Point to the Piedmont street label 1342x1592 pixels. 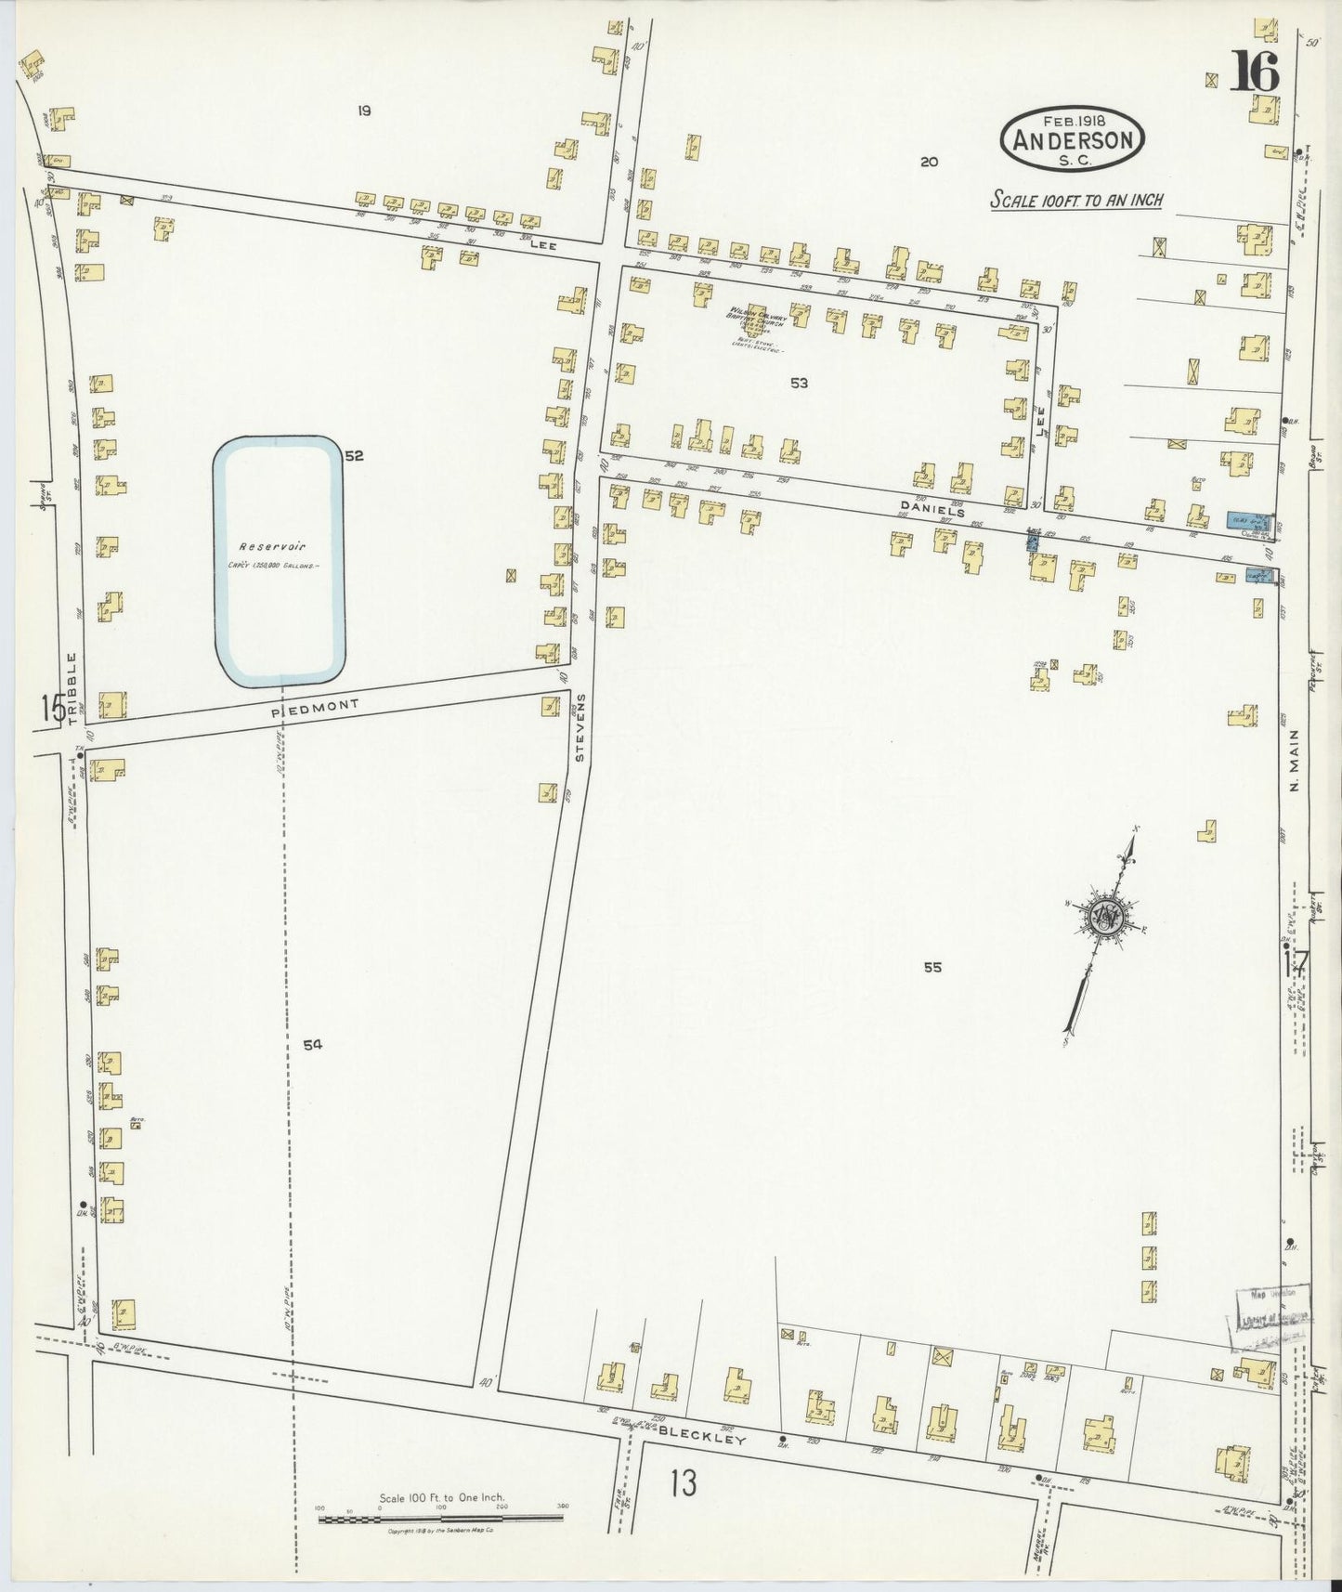point(315,709)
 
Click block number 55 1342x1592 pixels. point(932,967)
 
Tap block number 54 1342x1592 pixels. point(312,1045)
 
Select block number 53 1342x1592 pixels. point(799,383)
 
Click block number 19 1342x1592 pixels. point(364,111)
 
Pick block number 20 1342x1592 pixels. point(929,162)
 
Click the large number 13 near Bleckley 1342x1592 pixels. point(683,1483)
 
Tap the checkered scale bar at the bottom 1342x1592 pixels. point(441,1520)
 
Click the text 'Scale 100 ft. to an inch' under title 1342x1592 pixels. point(1075,200)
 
